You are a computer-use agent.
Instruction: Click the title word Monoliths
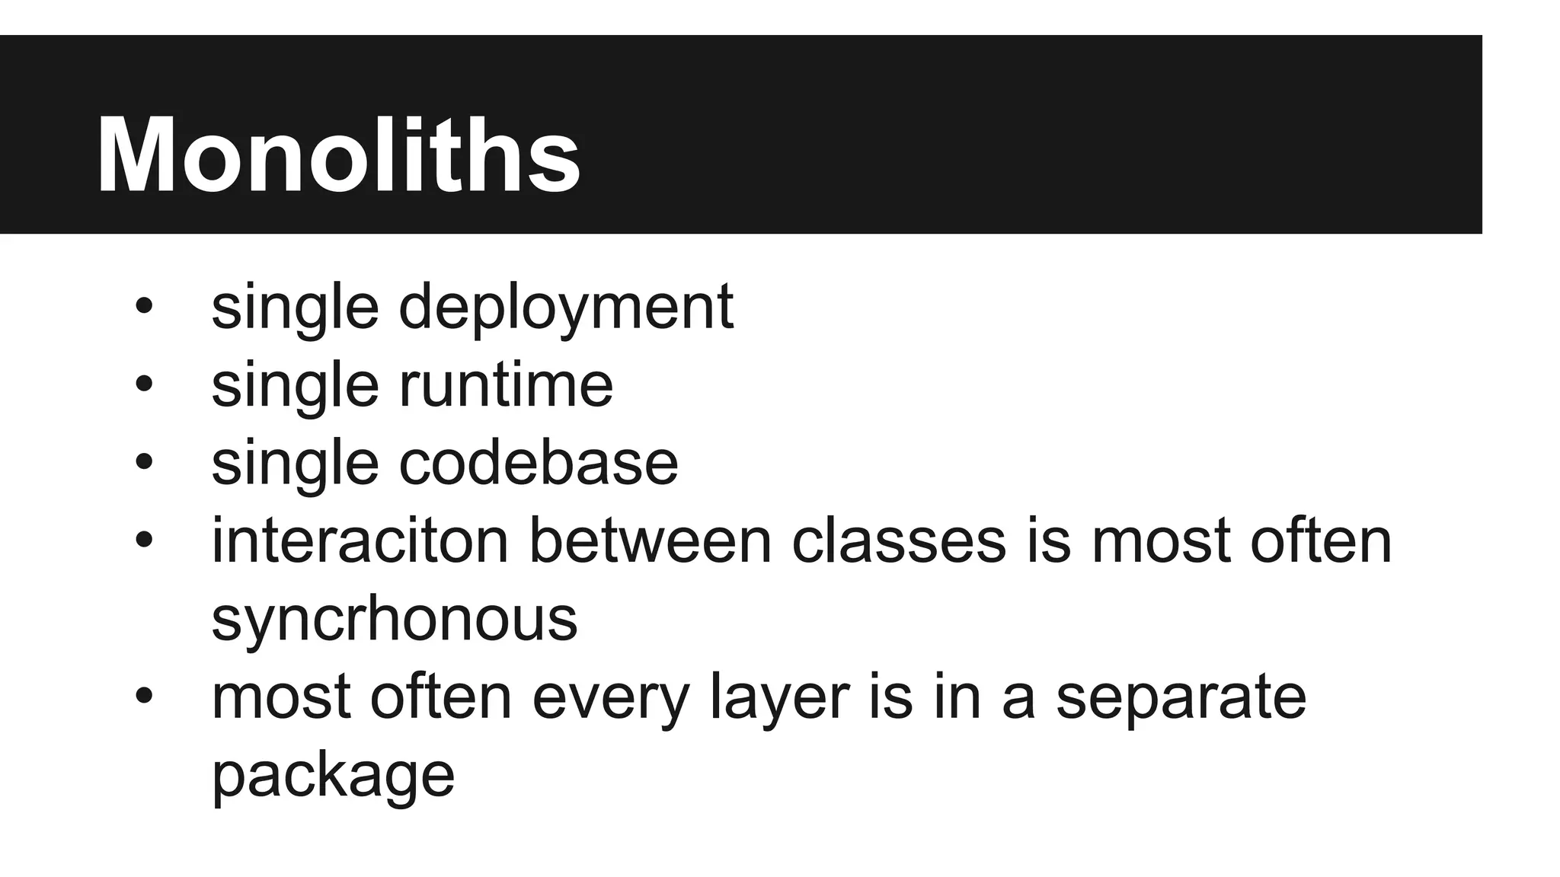(x=338, y=156)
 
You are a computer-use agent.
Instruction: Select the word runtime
(x=506, y=385)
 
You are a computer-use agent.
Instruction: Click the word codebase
(x=538, y=463)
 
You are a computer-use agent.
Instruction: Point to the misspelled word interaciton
(x=360, y=541)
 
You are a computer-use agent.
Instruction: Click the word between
(x=651, y=541)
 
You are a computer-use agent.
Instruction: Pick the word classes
(x=899, y=541)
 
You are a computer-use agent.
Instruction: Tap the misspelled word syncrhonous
(x=395, y=619)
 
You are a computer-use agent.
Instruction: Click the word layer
(x=779, y=697)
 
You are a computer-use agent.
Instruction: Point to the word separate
(x=1181, y=697)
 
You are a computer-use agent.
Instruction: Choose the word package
(x=333, y=777)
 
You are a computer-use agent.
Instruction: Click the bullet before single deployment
(x=144, y=307)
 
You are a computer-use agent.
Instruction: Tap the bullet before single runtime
(x=144, y=384)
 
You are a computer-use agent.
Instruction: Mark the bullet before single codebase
(x=144, y=462)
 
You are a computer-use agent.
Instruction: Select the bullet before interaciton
(x=144, y=540)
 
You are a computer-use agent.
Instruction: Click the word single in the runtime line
(x=295, y=385)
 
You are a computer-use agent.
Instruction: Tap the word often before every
(x=441, y=697)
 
